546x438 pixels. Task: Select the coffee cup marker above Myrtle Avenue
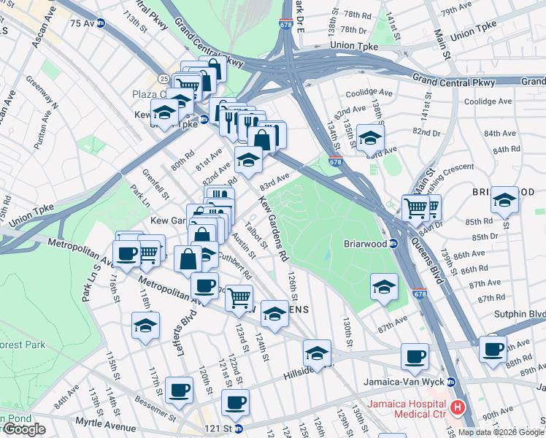coord(179,390)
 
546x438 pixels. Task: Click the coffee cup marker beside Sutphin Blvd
coord(493,348)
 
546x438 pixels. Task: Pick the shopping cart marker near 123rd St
coord(238,297)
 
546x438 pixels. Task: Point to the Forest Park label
coord(22,345)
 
